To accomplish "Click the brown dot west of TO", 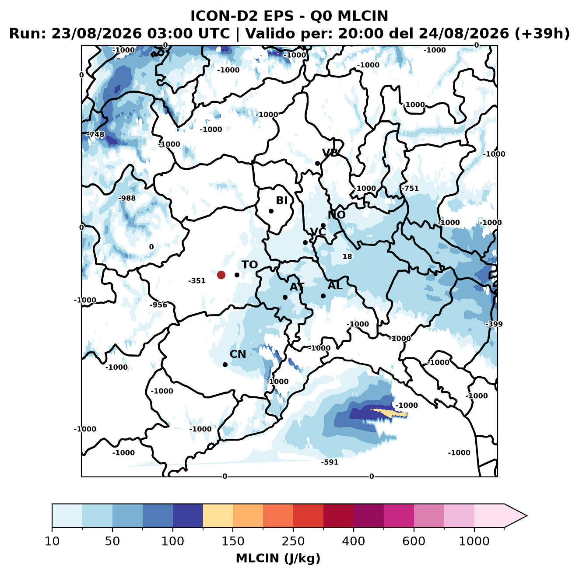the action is (x=221, y=275).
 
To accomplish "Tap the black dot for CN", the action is (x=225, y=364).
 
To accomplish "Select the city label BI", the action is (x=281, y=200).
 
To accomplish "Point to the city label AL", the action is (x=335, y=285).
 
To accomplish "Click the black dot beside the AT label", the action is (x=285, y=297).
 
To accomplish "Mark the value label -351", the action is (x=197, y=281).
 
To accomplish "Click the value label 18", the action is (x=347, y=256).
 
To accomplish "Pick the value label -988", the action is (x=127, y=198).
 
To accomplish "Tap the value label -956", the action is (x=158, y=305).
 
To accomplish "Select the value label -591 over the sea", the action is (x=330, y=462).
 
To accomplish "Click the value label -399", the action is (x=494, y=324).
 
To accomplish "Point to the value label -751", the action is (x=410, y=188).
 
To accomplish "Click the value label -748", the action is (x=95, y=134).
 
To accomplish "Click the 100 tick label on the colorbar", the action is (x=172, y=541).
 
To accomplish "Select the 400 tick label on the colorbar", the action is (x=353, y=541).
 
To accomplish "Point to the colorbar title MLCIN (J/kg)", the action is (x=278, y=558).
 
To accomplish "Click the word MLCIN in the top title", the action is (x=363, y=16).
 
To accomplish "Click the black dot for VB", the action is (x=317, y=163).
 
